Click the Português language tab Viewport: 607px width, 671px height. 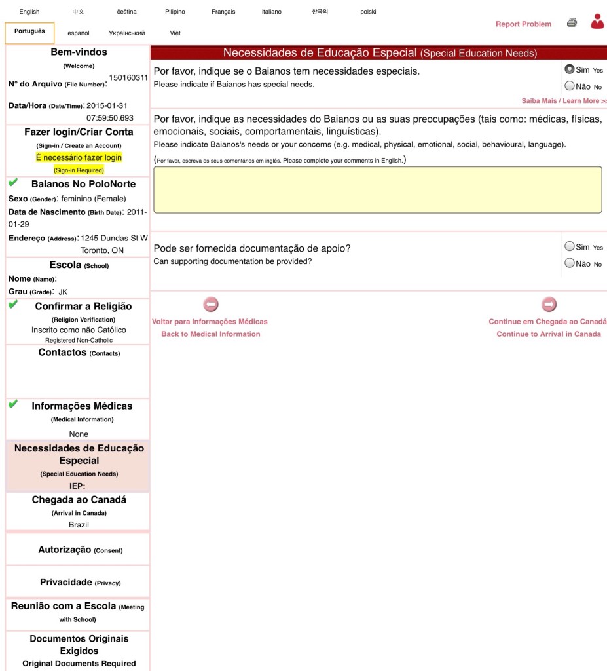pyautogui.click(x=29, y=32)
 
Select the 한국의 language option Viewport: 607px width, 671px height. pyautogui.click(x=320, y=12)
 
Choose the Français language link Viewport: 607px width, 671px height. pyautogui.click(x=223, y=12)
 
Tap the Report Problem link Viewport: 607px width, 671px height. pyautogui.click(x=523, y=24)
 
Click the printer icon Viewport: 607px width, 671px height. pyautogui.click(x=572, y=23)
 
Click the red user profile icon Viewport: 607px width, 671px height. pyautogui.click(x=597, y=22)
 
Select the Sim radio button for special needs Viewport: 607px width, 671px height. pyautogui.click(x=569, y=69)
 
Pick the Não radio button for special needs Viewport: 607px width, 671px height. pyautogui.click(x=569, y=86)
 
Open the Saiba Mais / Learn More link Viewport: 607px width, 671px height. pyautogui.click(x=564, y=101)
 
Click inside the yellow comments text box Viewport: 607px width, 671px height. pyautogui.click(x=377, y=189)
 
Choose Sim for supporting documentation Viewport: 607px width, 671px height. pyautogui.click(x=569, y=246)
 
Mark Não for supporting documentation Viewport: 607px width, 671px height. pyautogui.click(x=569, y=263)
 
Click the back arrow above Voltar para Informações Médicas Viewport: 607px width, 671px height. pyautogui.click(x=210, y=305)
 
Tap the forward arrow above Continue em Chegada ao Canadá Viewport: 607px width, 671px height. pyautogui.click(x=549, y=305)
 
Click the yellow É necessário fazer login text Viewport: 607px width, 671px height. pyautogui.click(x=79, y=158)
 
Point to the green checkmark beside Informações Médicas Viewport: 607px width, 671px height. pyautogui.click(x=13, y=405)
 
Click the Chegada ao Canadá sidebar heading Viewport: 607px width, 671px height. pyautogui.click(x=79, y=500)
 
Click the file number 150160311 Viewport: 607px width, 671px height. pyautogui.click(x=128, y=77)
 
